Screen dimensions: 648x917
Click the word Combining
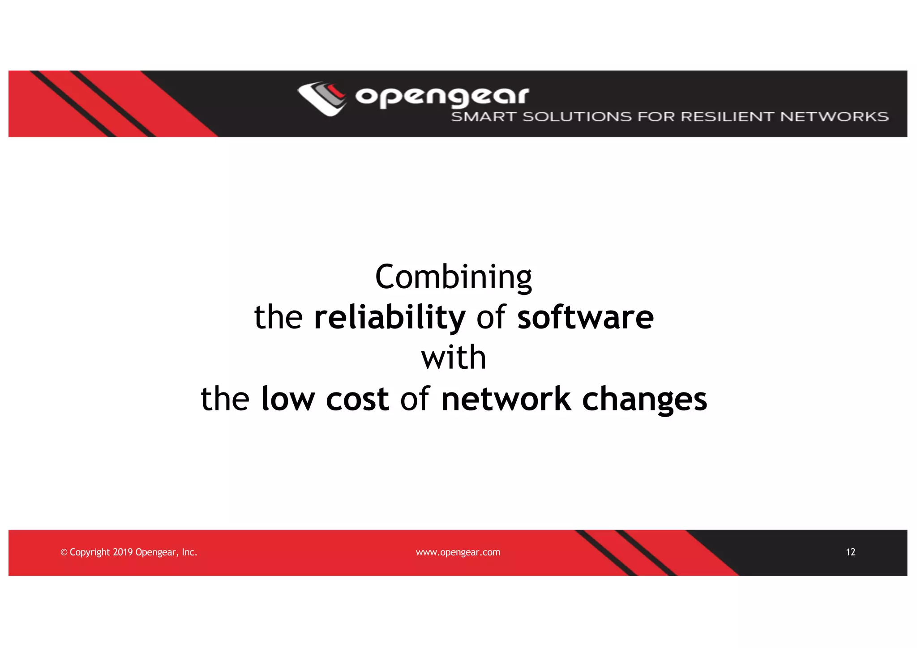(453, 277)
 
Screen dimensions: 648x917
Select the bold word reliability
(390, 317)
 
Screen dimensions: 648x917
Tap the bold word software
(585, 317)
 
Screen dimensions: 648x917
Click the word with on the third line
(454, 358)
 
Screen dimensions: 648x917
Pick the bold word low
(288, 399)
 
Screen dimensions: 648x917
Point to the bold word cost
(357, 400)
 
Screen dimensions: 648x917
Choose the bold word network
(506, 399)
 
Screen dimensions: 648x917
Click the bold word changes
(644, 400)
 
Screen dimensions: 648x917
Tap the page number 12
(850, 552)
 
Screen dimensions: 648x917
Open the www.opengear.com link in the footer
(458, 553)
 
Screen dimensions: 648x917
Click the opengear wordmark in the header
(442, 96)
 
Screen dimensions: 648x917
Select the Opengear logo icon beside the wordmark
(322, 98)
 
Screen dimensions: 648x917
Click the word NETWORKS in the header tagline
(834, 117)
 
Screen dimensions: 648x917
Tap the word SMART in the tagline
(484, 117)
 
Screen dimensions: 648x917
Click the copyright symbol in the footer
(64, 553)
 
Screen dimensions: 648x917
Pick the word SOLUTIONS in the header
(577, 117)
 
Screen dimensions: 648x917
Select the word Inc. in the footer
(189, 552)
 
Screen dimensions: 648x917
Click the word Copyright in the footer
(90, 553)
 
